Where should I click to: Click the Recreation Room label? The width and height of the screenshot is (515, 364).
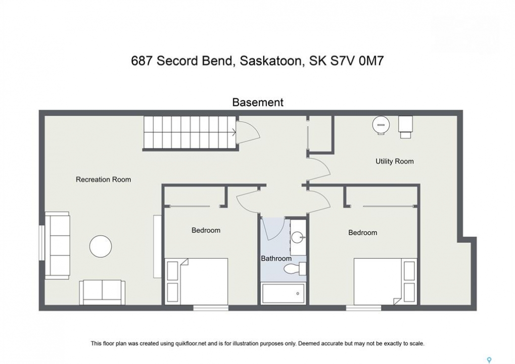(x=103, y=179)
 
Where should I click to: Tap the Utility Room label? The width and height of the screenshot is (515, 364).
(x=394, y=161)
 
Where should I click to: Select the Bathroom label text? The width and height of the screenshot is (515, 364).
(x=276, y=258)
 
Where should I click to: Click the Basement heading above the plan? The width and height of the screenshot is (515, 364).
(x=258, y=102)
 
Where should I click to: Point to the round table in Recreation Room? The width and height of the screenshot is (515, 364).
(x=101, y=246)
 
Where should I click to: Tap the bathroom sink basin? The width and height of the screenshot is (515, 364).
(x=298, y=237)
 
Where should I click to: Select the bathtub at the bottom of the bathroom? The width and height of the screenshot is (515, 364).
(x=283, y=293)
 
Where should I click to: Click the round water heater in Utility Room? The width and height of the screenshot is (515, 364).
(x=381, y=125)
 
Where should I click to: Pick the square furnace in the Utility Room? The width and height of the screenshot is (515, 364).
(x=405, y=127)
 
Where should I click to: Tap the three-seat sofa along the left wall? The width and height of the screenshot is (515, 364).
(x=57, y=245)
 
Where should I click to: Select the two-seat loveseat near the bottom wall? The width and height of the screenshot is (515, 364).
(x=102, y=292)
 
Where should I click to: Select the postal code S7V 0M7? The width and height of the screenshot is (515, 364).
(x=357, y=61)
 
